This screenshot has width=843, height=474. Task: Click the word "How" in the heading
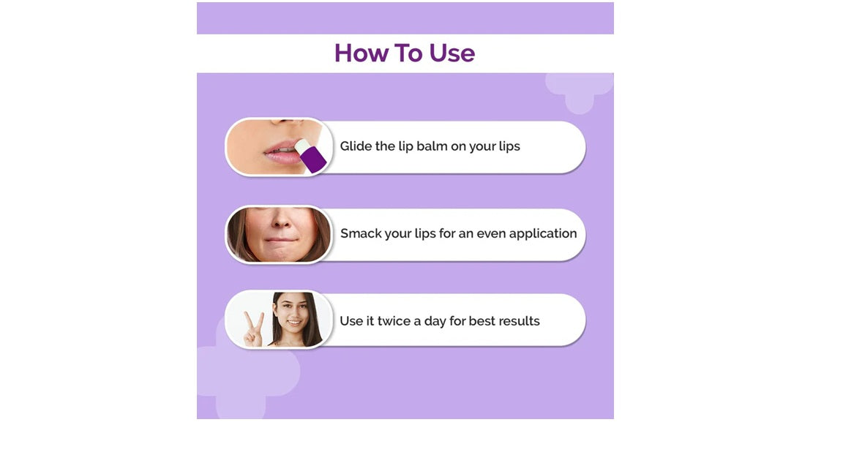(x=356, y=53)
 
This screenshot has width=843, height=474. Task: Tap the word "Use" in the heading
(x=452, y=53)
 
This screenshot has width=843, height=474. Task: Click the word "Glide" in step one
(x=356, y=146)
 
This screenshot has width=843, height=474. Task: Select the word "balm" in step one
(x=432, y=146)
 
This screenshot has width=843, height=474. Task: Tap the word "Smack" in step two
(x=361, y=234)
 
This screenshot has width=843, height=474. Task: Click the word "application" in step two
(x=543, y=234)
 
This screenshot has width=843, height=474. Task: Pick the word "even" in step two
(x=491, y=234)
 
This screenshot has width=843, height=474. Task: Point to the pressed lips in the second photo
(x=279, y=239)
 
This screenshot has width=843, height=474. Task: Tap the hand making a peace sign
(x=253, y=328)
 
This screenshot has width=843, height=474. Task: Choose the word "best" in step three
(x=480, y=321)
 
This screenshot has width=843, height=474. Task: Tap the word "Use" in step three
(x=351, y=321)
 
